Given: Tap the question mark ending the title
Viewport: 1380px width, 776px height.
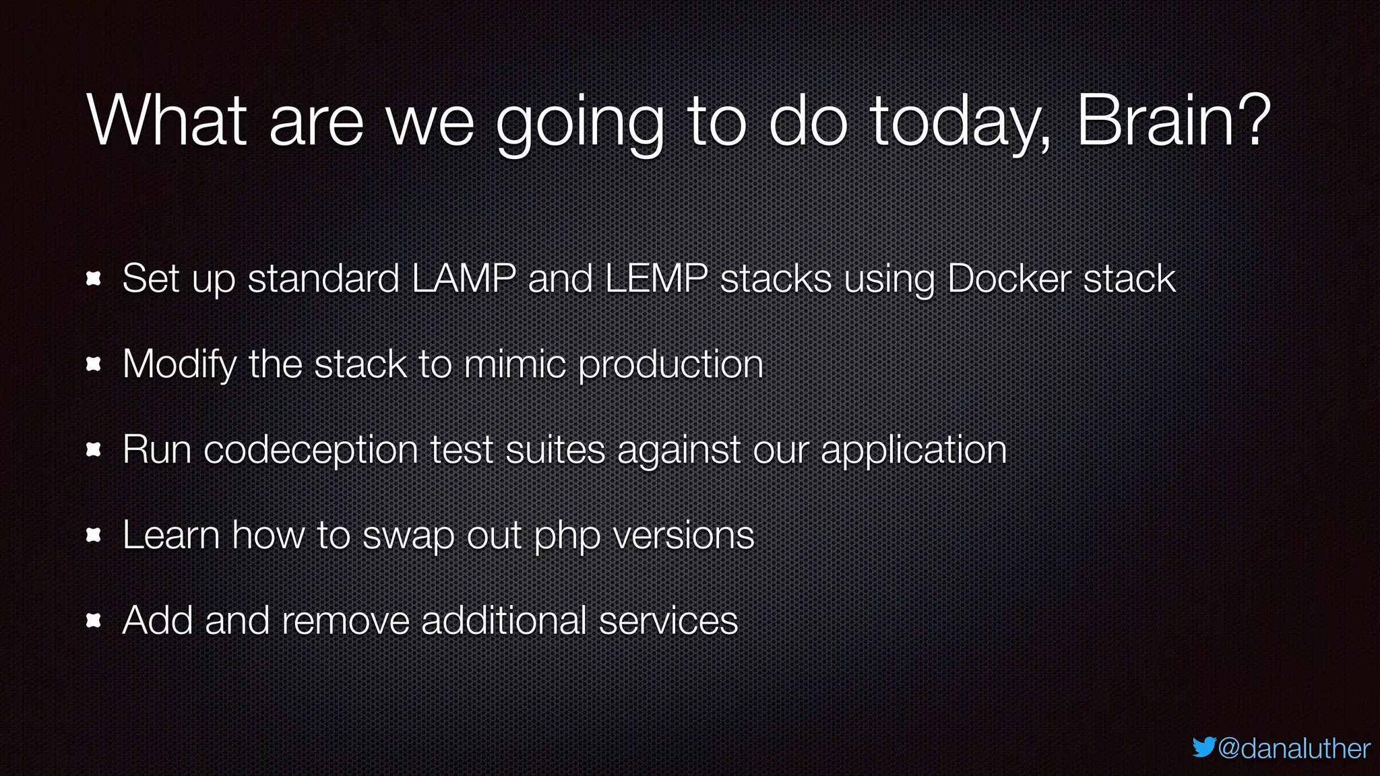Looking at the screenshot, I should point(1255,121).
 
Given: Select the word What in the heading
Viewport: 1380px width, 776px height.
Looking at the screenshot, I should point(166,121).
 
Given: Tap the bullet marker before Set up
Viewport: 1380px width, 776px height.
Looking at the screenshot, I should point(94,279).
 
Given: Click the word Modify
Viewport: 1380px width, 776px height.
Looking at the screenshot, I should point(179,364).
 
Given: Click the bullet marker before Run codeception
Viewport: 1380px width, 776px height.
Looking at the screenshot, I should point(94,450).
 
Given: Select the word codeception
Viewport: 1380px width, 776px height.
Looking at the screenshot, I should point(311,451).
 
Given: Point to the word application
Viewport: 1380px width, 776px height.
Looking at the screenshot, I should point(913,451).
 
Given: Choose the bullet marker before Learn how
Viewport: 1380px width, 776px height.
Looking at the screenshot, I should point(94,536).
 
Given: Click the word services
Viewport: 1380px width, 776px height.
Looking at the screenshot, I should point(668,620).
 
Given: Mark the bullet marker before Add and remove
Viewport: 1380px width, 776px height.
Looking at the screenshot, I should point(94,620).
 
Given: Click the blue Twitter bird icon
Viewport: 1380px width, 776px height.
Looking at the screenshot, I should point(1203,747).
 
